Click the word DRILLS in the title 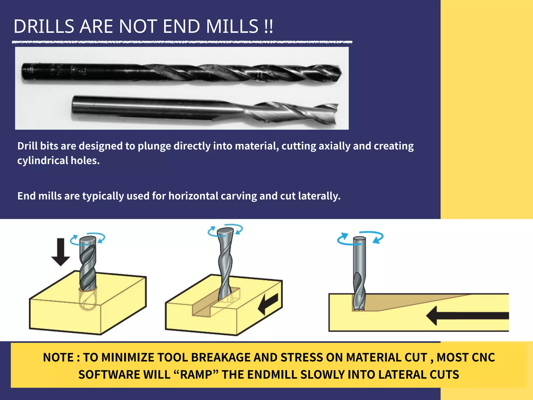coord(44,27)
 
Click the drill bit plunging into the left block coord(88,266)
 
